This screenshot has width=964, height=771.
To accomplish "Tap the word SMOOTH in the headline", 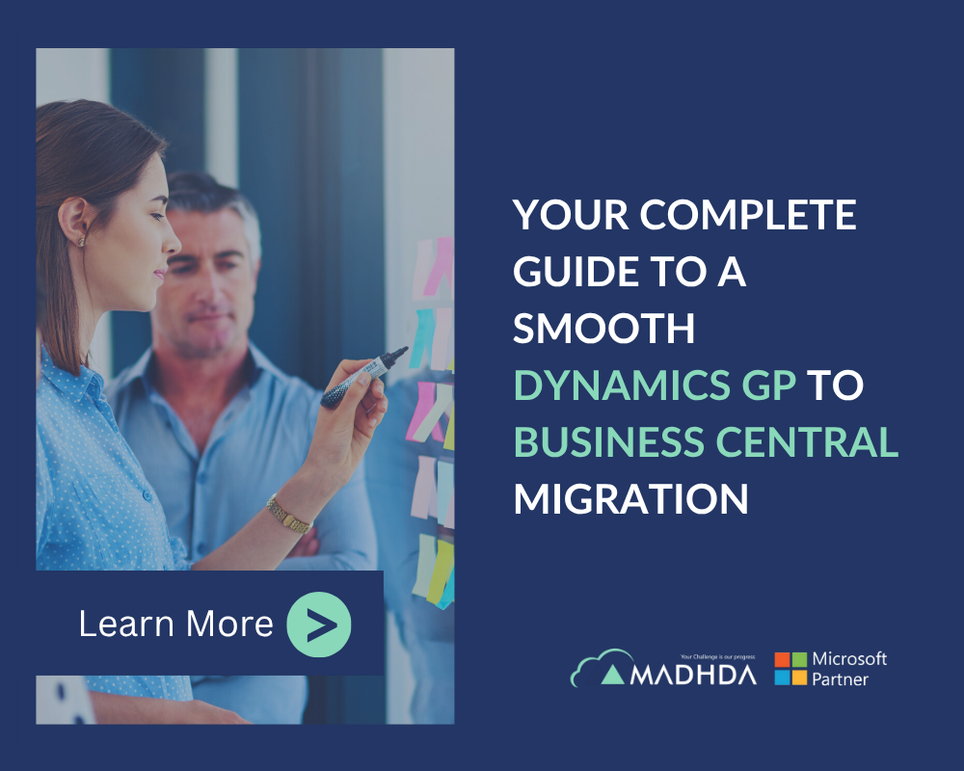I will (603, 329).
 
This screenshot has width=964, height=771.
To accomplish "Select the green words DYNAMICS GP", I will (655, 385).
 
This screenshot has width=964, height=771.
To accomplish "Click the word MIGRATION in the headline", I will (630, 499).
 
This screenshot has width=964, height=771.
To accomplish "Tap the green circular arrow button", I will (319, 625).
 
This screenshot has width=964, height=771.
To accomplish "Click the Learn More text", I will (175, 625).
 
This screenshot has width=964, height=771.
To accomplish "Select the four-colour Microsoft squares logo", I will (790, 668).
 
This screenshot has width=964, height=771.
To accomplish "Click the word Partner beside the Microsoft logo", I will (840, 679).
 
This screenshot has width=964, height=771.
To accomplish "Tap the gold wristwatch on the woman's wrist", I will (288, 513).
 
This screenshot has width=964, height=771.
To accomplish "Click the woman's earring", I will (82, 240).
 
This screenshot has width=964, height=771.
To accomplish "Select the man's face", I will (213, 275).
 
